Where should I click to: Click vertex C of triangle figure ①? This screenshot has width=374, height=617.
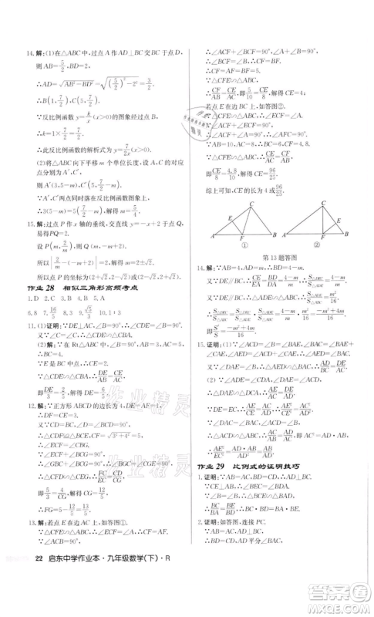point(251,202)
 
